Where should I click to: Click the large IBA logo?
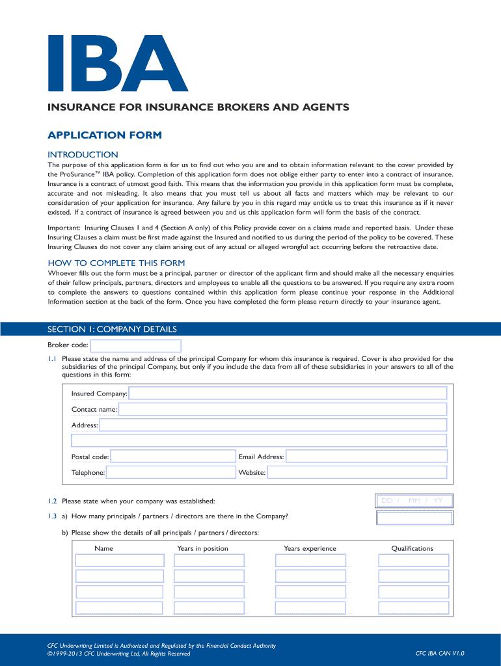[118, 62]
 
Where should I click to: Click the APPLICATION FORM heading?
[104, 135]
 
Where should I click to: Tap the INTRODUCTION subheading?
[83, 154]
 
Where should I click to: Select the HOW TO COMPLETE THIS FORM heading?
[116, 263]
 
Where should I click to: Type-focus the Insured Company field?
[288, 393]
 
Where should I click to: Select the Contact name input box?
[282, 409]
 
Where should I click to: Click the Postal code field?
[172, 457]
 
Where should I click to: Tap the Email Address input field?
[366, 457]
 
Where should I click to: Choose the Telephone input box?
[170, 473]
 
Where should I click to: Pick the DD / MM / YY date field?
[414, 501]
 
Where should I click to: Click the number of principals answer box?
[414, 518]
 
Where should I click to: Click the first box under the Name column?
[120, 561]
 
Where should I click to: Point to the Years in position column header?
[202, 548]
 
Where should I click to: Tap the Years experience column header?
[310, 548]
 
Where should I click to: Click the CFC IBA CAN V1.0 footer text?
[440, 654]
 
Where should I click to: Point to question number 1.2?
[52, 501]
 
